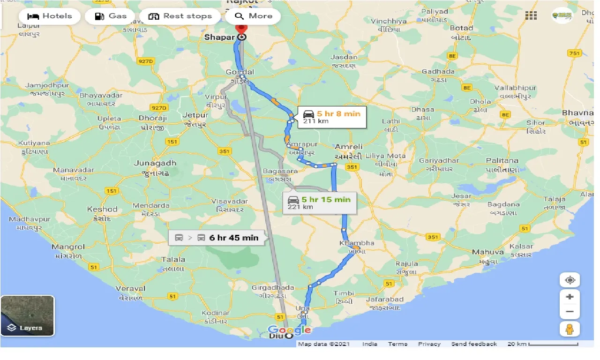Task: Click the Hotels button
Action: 49,16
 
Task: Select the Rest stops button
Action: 180,16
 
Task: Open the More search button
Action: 253,16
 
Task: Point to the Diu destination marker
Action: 289,336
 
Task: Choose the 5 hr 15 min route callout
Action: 319,203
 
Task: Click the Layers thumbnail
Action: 28,315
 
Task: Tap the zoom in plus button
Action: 570,297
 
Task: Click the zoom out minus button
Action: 570,311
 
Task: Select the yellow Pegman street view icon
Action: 570,329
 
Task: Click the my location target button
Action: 570,280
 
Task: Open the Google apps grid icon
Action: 531,16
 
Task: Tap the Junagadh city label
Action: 155,163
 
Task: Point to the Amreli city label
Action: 348,147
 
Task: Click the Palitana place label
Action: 502,160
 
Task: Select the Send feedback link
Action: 474,344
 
